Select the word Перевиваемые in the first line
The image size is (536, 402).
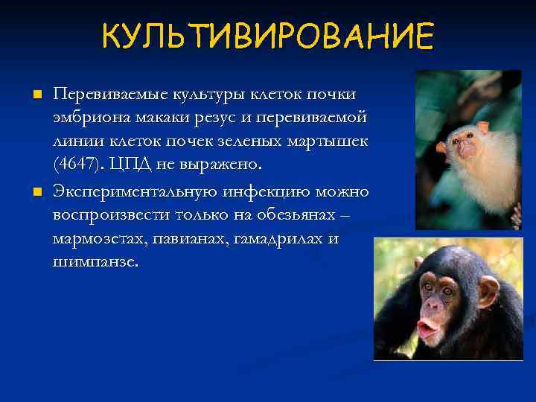[109, 95]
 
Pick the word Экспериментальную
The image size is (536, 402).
[135, 193]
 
